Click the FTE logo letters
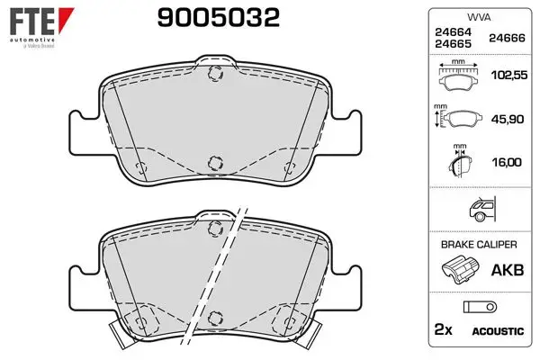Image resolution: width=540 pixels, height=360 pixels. click(x=32, y=22)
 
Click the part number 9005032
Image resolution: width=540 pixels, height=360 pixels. click(x=219, y=18)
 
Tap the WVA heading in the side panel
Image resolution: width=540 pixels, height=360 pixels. click(x=479, y=17)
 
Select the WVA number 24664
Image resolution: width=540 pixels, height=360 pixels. click(x=453, y=32)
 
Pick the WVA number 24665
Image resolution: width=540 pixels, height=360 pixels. click(x=453, y=44)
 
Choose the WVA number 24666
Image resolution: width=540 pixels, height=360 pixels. click(x=507, y=38)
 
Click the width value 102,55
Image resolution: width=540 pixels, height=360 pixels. click(x=509, y=75)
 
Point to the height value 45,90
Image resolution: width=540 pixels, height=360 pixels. click(x=508, y=119)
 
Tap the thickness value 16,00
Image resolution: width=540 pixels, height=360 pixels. click(x=507, y=162)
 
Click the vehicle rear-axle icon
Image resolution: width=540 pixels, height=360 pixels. click(x=482, y=209)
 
